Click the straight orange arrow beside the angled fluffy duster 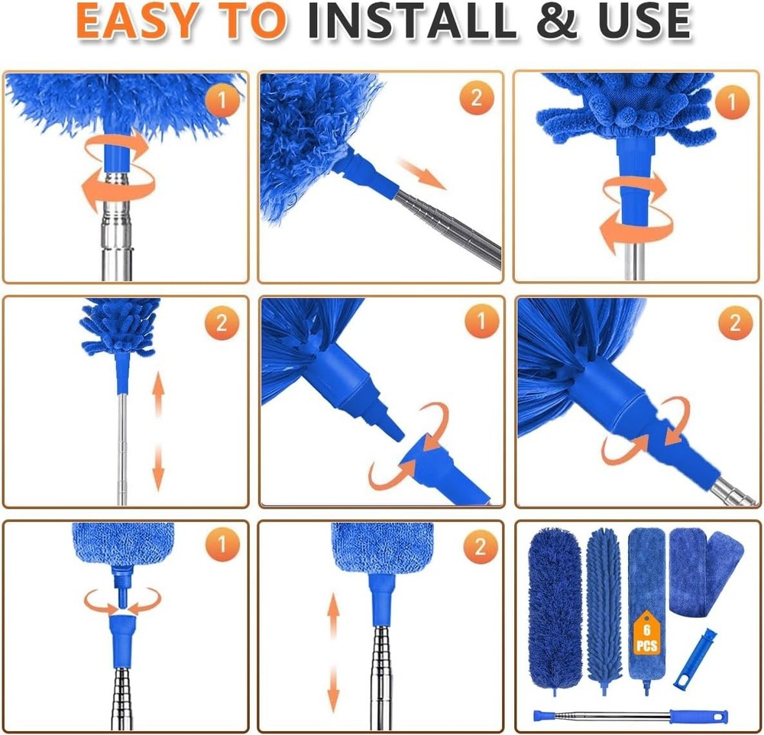(x=422, y=174)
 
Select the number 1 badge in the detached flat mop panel (x=222, y=546)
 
